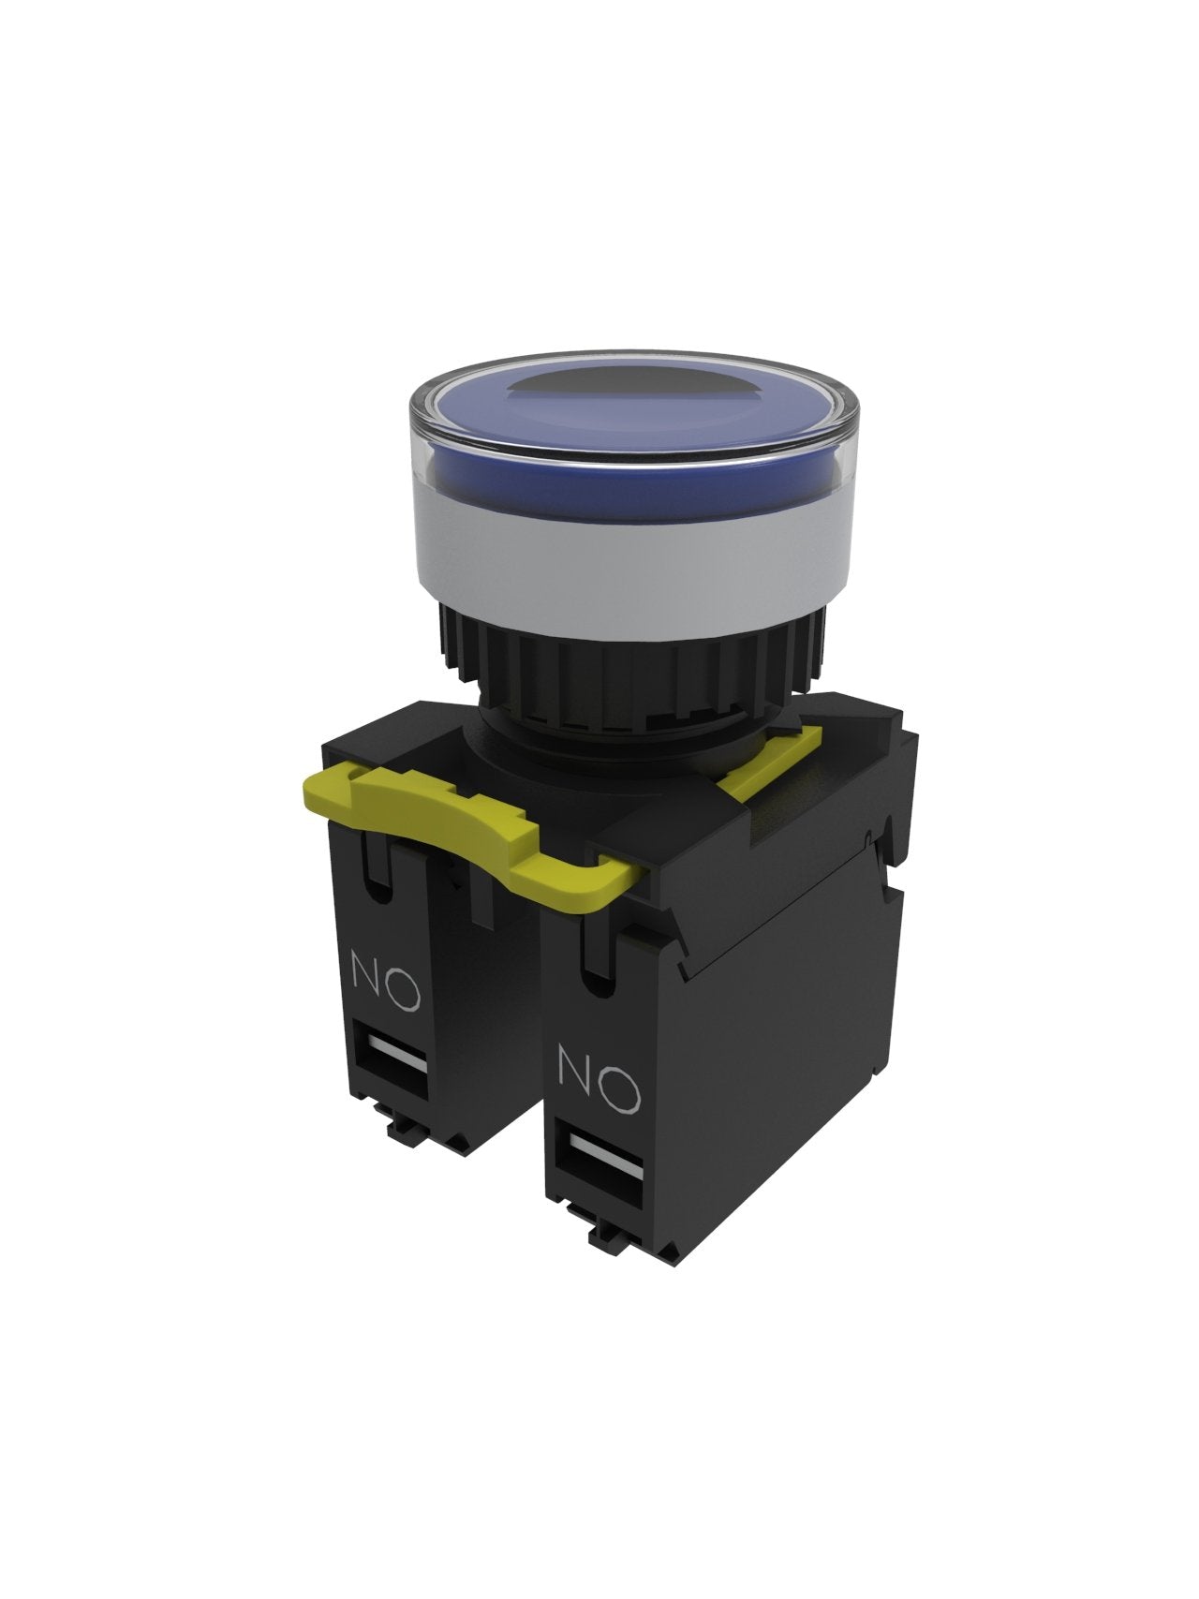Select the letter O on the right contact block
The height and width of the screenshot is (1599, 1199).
[618, 1087]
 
